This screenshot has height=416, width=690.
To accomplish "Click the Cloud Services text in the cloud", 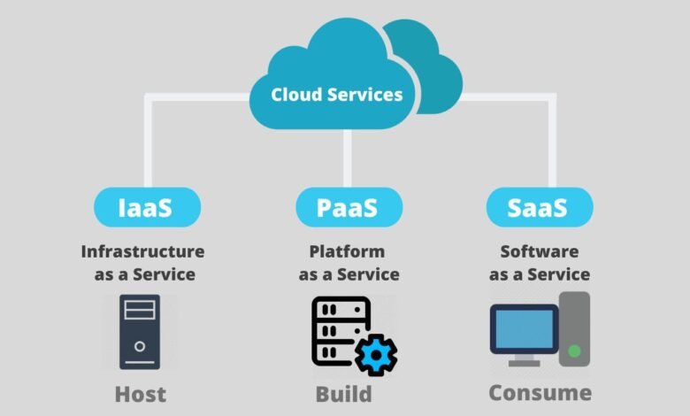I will tap(336, 95).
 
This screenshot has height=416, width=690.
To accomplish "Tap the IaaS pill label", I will tap(146, 208).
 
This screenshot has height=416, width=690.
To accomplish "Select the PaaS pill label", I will tap(347, 208).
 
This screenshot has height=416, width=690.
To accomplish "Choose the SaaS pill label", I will tap(539, 208).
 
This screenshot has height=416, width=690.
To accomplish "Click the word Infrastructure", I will tap(142, 252).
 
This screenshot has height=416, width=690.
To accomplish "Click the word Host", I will tap(140, 393).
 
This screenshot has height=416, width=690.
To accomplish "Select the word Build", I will tap(343, 393).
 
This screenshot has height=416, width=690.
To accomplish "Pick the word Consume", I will tap(540, 392).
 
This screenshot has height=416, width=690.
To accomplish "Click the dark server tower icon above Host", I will tap(140, 331).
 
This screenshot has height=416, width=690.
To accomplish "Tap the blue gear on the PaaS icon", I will tap(376, 354).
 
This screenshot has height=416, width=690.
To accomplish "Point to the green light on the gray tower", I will tap(575, 351).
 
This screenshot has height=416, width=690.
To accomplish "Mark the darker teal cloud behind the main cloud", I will tap(433, 71).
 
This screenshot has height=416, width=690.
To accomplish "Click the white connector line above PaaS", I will tap(347, 159).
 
